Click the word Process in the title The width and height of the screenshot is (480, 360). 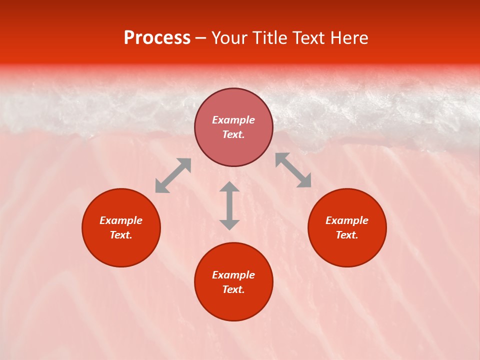tap(157, 38)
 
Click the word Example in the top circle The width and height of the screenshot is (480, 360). tap(233, 120)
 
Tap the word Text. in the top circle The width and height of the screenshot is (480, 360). tap(233, 134)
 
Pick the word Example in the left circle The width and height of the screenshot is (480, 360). tap(121, 220)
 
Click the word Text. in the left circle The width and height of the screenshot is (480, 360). tap(121, 235)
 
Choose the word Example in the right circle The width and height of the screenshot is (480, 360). tap(347, 220)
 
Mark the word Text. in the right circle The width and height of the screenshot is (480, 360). tap(347, 235)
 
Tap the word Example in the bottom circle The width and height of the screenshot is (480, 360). tap(233, 275)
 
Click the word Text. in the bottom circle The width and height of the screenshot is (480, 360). tap(233, 289)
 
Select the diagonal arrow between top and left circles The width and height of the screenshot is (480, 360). tap(173, 175)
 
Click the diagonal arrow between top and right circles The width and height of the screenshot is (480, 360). tap(293, 170)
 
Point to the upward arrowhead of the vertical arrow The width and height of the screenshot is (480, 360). tap(229, 187)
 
